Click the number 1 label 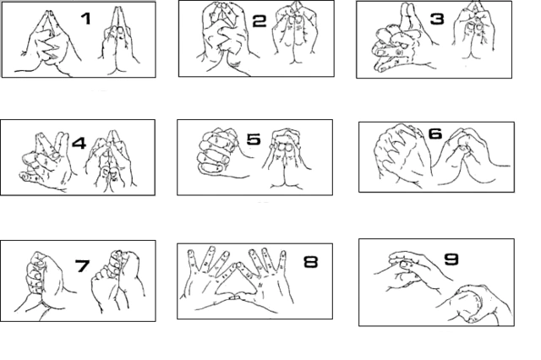(x=86, y=19)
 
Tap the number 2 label (x=260, y=22)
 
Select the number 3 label (x=437, y=19)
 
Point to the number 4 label (x=79, y=143)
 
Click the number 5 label (x=254, y=139)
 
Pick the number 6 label (x=435, y=134)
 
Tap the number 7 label (x=83, y=266)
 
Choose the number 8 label (x=310, y=262)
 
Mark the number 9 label (x=451, y=259)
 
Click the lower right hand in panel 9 (x=476, y=303)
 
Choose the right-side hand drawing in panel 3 (x=473, y=35)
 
